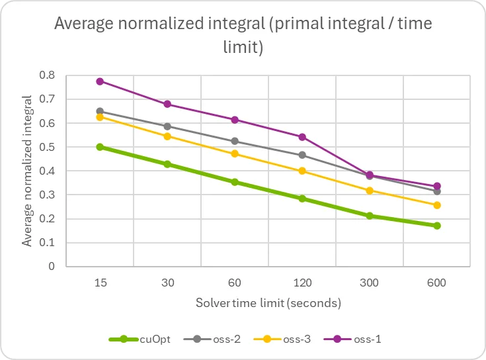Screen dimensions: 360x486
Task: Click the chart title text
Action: [243, 34]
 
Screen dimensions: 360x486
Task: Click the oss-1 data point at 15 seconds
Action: [100, 81]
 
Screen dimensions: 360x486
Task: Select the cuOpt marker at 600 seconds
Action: [436, 226]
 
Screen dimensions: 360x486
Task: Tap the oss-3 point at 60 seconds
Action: [235, 154]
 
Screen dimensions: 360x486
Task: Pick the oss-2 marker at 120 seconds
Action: [302, 155]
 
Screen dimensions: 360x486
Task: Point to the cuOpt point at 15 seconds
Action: [100, 147]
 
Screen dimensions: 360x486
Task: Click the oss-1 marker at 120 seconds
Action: [302, 137]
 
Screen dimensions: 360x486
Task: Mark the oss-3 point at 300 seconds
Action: [370, 191]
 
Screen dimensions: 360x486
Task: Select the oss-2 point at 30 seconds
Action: [167, 126]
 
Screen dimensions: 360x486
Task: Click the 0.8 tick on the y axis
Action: [47, 75]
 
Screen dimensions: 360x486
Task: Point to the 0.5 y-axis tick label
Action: [47, 147]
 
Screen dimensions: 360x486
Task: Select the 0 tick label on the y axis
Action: [51, 267]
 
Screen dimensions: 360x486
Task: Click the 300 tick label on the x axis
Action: [369, 283]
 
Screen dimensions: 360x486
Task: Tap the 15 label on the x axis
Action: [100, 283]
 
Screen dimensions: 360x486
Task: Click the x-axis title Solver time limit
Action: [268, 304]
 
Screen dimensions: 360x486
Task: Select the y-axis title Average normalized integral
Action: [27, 171]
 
